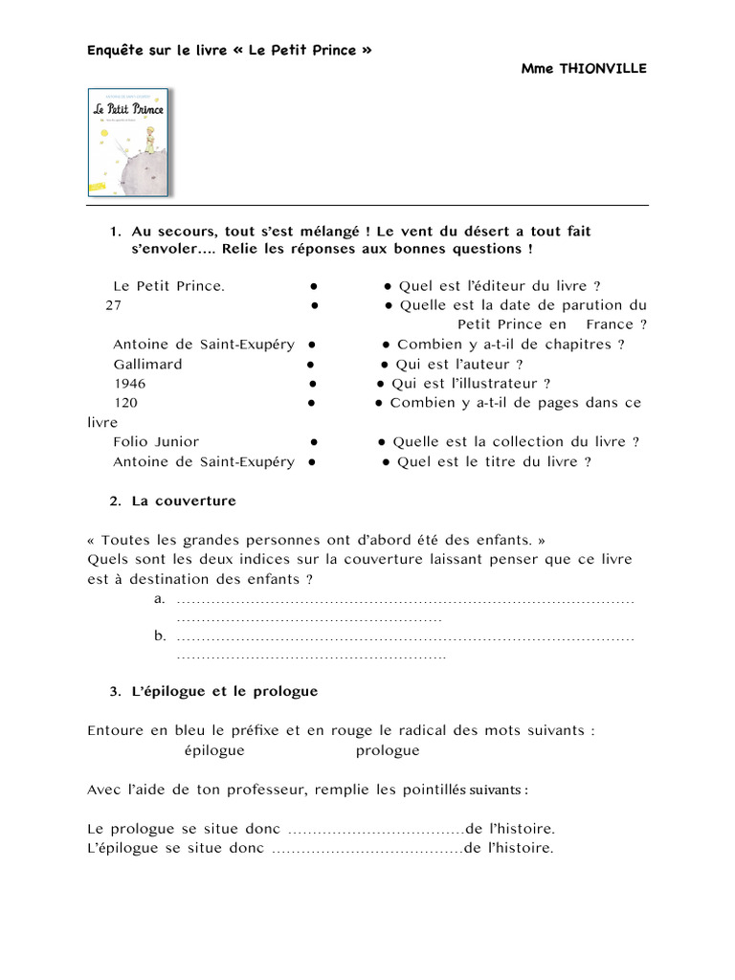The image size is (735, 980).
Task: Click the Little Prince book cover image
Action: click(x=127, y=141)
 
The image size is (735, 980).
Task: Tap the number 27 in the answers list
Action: click(x=114, y=305)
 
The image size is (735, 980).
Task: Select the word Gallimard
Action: click(x=147, y=364)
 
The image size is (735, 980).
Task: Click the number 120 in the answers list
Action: click(x=125, y=403)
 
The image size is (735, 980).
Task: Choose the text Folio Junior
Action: click(x=156, y=441)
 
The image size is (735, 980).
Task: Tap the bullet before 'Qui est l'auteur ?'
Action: click(x=384, y=365)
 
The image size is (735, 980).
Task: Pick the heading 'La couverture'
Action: click(x=184, y=501)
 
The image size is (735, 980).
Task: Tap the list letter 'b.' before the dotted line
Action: click(x=160, y=635)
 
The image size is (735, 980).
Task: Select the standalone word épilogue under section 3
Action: click(x=214, y=750)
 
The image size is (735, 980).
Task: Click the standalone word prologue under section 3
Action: click(x=388, y=750)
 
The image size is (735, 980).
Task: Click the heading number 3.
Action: click(x=115, y=691)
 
